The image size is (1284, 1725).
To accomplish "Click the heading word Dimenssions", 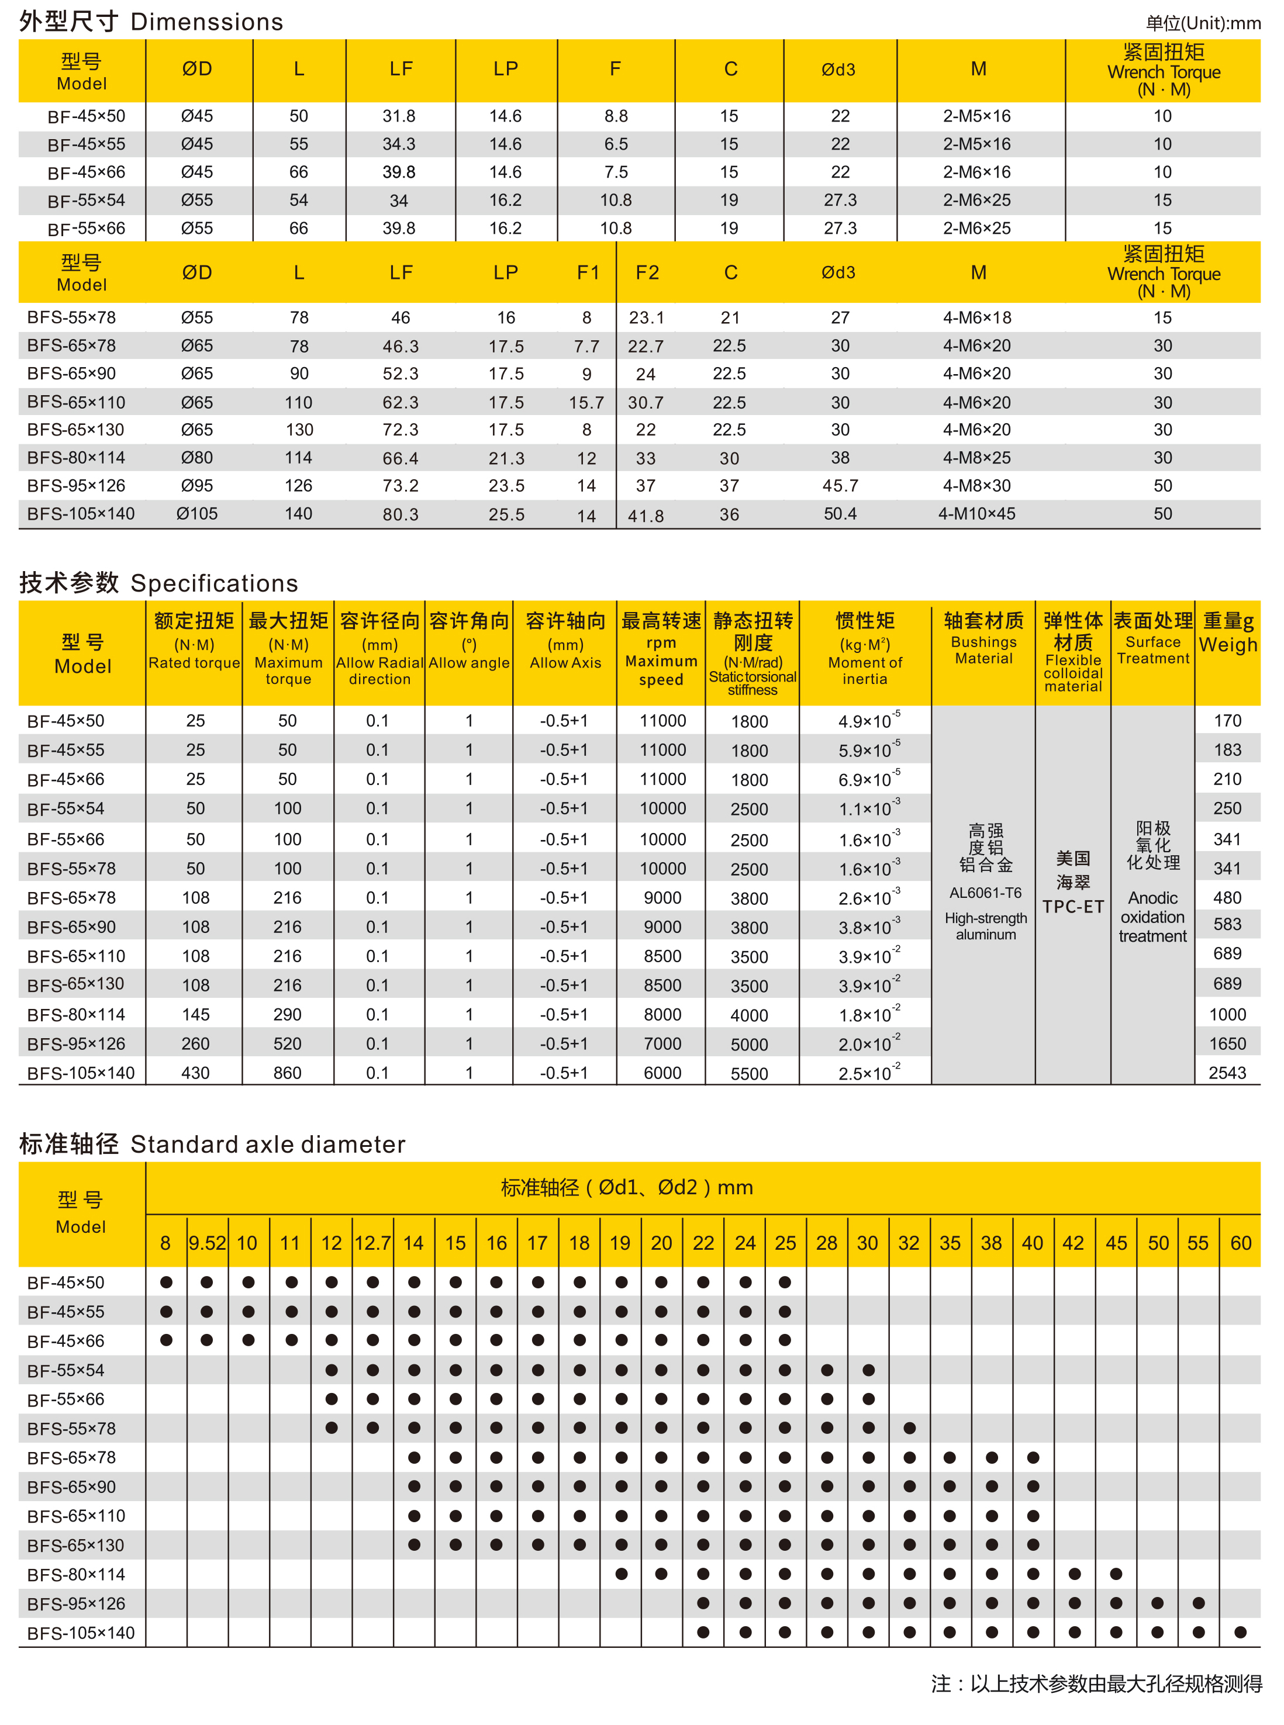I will (x=207, y=22).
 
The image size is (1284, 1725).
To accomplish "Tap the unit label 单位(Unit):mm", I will (x=1202, y=23).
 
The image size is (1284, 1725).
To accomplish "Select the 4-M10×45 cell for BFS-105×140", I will (x=976, y=514).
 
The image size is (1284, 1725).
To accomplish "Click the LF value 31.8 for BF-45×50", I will (x=399, y=116).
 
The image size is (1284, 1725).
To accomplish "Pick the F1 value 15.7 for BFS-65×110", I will (x=586, y=403).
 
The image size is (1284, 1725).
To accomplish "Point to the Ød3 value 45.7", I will (x=840, y=486).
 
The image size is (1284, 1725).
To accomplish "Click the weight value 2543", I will (x=1227, y=1073).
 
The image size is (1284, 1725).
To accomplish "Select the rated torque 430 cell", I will (x=195, y=1073).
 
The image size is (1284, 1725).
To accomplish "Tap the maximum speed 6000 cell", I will (x=662, y=1073).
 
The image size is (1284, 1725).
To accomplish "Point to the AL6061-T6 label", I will (x=985, y=893).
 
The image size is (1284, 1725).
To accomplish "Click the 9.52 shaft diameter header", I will (x=207, y=1243).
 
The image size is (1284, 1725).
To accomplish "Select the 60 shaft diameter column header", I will (x=1241, y=1243).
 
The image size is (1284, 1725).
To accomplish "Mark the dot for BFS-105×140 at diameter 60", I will (x=1241, y=1633).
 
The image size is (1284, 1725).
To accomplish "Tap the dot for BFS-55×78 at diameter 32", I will (x=909, y=1428).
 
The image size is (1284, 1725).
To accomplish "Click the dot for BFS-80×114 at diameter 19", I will (x=621, y=1574).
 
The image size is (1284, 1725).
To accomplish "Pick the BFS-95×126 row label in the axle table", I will (x=76, y=1604).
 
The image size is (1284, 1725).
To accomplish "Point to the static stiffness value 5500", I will (x=749, y=1074).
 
